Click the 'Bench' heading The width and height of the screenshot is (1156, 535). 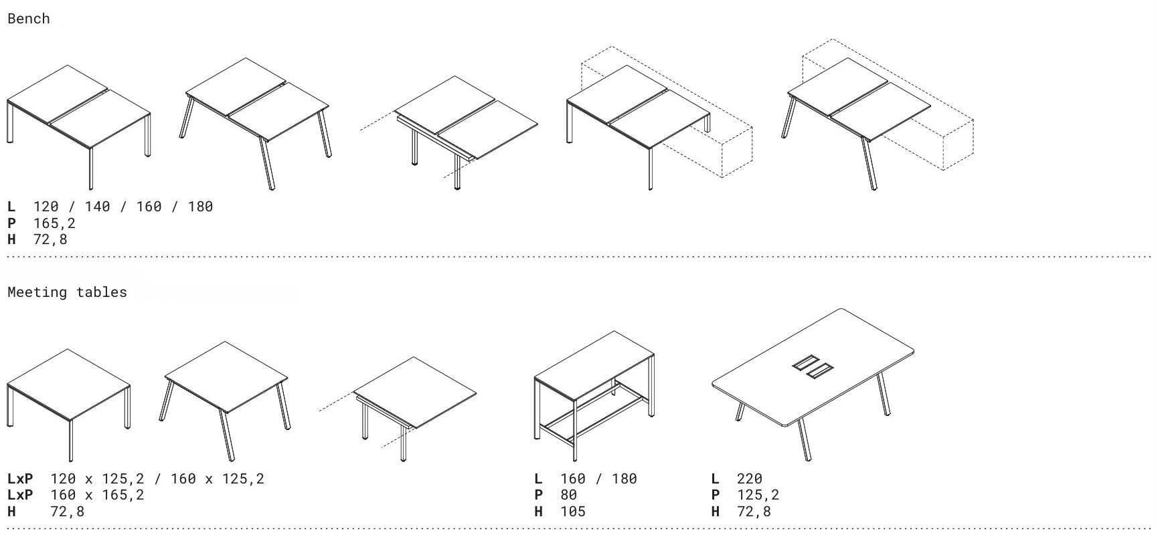click(x=28, y=19)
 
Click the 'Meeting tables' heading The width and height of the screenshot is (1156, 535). click(x=67, y=292)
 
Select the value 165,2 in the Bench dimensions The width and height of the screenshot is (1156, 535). click(x=54, y=223)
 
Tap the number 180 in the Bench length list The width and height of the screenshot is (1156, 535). click(x=200, y=207)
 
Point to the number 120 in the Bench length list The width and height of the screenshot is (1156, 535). click(x=46, y=207)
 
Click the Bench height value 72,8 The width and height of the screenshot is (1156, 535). click(x=50, y=239)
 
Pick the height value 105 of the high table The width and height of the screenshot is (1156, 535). click(x=573, y=512)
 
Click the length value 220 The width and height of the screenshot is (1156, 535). click(x=750, y=479)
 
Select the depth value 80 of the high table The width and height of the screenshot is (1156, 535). click(x=569, y=495)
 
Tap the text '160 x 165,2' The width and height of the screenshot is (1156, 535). click(x=97, y=495)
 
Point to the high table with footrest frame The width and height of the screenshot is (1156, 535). click(x=594, y=395)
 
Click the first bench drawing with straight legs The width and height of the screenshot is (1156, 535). click(x=79, y=127)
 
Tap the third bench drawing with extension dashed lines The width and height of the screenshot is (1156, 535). click(x=449, y=133)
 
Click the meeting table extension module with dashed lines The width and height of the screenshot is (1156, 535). click(x=398, y=409)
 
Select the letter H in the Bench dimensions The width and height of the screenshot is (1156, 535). click(x=11, y=239)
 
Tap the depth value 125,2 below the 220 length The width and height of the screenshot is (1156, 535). click(x=758, y=495)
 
